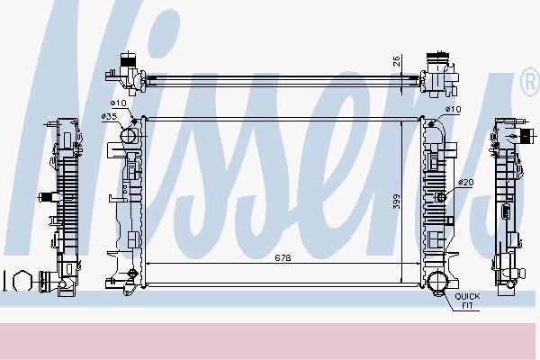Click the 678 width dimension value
(283, 256)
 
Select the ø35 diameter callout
(110, 117)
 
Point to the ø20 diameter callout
(465, 183)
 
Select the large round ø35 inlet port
(128, 137)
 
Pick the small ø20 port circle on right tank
(441, 197)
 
